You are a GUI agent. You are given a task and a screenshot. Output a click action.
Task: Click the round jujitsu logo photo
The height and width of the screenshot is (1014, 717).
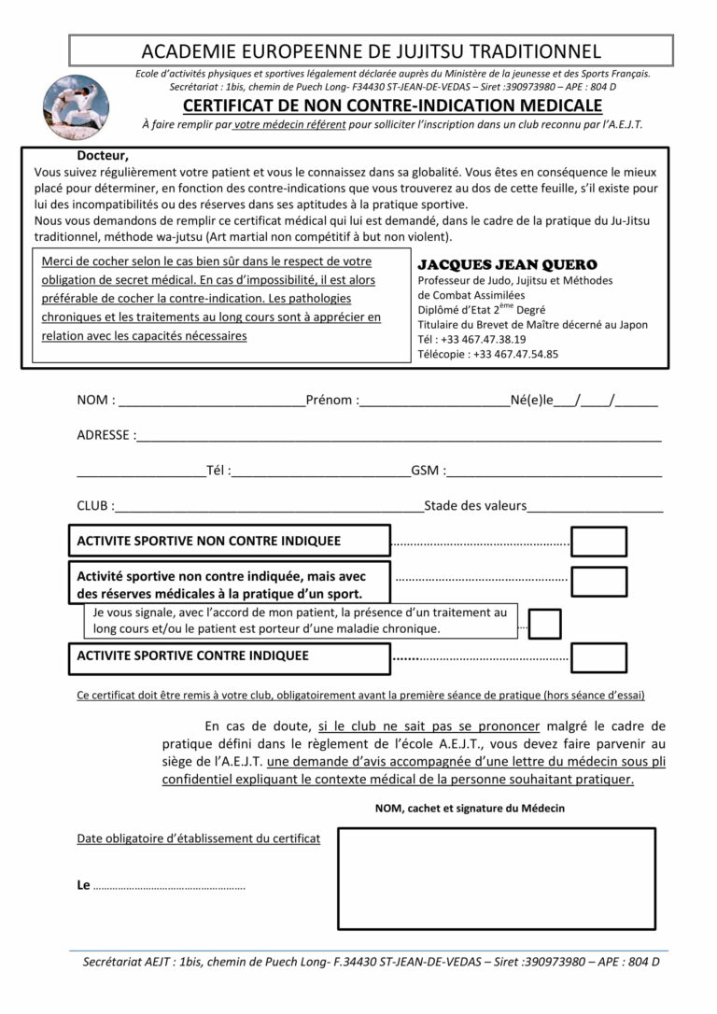(76, 107)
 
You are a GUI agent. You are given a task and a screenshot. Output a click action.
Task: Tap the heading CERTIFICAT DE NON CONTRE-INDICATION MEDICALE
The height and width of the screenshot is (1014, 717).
(392, 106)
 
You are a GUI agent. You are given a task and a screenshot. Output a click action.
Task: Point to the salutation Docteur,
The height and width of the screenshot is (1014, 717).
(103, 156)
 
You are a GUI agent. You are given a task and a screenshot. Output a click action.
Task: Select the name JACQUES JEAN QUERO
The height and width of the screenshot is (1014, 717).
(507, 265)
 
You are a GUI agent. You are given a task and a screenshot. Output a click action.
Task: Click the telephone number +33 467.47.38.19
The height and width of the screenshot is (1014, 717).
(485, 339)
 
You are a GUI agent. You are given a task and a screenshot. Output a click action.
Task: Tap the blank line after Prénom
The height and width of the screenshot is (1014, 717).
(434, 402)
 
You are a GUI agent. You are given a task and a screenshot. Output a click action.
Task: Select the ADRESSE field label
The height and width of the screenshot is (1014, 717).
(105, 435)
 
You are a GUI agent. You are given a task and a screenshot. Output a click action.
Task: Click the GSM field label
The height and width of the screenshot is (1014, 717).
(428, 471)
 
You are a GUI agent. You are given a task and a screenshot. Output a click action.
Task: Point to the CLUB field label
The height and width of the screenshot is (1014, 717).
(95, 506)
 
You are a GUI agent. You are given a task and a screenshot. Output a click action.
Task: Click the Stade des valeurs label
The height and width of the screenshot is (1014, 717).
(475, 506)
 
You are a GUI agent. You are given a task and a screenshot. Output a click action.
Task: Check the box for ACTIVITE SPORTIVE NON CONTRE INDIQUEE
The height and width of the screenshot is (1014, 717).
(598, 542)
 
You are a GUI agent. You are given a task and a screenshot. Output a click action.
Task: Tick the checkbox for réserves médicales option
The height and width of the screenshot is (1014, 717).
(598, 582)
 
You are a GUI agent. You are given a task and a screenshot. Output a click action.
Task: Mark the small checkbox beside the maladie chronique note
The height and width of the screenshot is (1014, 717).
(544, 623)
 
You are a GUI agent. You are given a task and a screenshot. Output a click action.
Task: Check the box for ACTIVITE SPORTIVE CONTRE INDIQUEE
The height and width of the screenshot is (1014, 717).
(598, 657)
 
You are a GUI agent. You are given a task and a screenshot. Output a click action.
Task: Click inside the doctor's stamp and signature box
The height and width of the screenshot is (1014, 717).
(496, 878)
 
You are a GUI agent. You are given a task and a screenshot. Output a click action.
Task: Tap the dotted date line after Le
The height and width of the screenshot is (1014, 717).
(169, 886)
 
